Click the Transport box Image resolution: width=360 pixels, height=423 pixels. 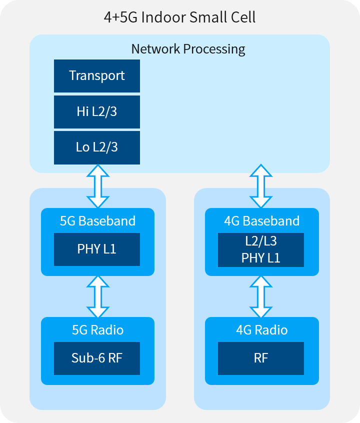click(97, 76)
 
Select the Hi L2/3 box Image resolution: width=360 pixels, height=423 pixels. click(97, 112)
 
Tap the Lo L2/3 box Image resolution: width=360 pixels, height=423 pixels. click(97, 148)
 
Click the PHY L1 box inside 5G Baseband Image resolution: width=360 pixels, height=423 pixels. click(97, 249)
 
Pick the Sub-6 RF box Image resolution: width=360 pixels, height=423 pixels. click(97, 358)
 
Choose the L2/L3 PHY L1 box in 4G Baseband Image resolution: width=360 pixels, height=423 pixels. click(261, 250)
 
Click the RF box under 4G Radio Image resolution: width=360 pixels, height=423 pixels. click(261, 358)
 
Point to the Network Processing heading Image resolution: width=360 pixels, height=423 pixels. click(188, 49)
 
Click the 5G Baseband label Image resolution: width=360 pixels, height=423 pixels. click(97, 221)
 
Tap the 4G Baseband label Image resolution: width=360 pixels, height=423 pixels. click(262, 221)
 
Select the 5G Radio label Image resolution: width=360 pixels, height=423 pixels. click(97, 330)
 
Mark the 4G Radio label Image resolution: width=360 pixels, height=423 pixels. click(262, 330)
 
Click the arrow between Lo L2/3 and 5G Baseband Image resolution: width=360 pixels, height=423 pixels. click(98, 186)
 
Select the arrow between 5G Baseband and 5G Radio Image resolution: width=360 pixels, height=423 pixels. click(98, 296)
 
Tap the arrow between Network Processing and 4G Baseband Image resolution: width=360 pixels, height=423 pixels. click(261, 186)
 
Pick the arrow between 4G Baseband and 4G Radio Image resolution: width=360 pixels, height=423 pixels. click(261, 296)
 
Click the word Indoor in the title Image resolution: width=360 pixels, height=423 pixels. click(163, 17)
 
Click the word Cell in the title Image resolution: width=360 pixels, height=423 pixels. click(243, 17)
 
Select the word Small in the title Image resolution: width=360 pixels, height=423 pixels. click(208, 17)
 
